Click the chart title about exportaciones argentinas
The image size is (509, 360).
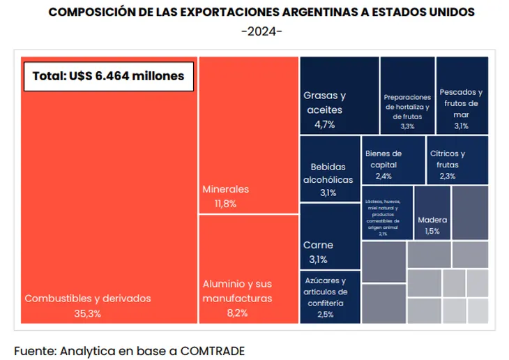click(261, 13)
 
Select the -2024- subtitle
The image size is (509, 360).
click(261, 31)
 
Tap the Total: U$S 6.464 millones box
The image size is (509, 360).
click(109, 75)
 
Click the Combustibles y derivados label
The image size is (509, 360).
click(88, 298)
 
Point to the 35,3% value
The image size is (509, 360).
click(88, 313)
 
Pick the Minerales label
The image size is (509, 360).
click(225, 189)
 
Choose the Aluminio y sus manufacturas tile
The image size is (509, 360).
click(248, 269)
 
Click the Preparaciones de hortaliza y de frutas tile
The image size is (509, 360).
click(407, 96)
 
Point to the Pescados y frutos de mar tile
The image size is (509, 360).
click(462, 96)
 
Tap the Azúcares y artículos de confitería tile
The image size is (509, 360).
click(330, 298)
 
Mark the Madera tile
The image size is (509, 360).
click(432, 213)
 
